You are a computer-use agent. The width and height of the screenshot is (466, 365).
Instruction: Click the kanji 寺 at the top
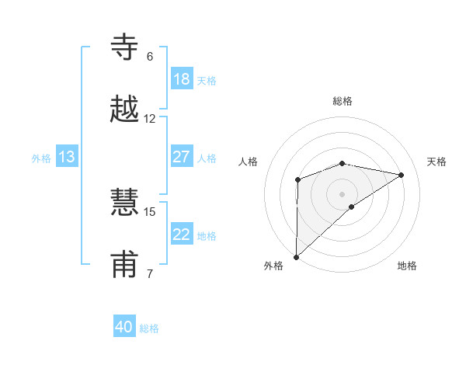pyautogui.click(x=127, y=47)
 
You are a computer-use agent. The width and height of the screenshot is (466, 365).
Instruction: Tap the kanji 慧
pyautogui.click(x=127, y=203)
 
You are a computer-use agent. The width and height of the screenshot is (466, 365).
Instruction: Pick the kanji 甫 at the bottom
pyautogui.click(x=127, y=264)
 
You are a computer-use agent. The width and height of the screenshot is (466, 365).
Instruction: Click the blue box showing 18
pyautogui.click(x=182, y=79)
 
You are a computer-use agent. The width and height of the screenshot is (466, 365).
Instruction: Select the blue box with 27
pyautogui.click(x=182, y=157)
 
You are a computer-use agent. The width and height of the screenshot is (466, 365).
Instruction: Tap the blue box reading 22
pyautogui.click(x=182, y=235)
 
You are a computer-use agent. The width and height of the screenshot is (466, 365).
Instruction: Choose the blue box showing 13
pyautogui.click(x=67, y=157)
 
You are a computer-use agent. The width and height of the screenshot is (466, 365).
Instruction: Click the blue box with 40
pyautogui.click(x=124, y=327)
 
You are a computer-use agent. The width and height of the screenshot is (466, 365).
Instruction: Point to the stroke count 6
pyautogui.click(x=150, y=57)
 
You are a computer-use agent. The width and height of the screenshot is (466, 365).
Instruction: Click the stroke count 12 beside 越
pyautogui.click(x=150, y=119)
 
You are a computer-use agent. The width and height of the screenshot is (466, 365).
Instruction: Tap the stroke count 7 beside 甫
pyautogui.click(x=150, y=273)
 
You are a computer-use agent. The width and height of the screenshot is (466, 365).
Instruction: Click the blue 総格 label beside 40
pyautogui.click(x=149, y=328)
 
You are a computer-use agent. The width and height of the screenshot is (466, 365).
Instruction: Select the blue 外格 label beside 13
pyautogui.click(x=41, y=158)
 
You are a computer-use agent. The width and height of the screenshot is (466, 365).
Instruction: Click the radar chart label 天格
pyautogui.click(x=436, y=162)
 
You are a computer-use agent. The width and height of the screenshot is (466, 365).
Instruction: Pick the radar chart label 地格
pyautogui.click(x=407, y=266)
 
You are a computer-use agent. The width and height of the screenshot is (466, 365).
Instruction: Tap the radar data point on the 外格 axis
pyautogui.click(x=296, y=256)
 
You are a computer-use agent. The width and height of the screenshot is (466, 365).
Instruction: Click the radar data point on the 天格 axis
pyautogui.click(x=402, y=175)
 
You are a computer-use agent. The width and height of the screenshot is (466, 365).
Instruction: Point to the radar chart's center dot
pyautogui.click(x=342, y=193)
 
